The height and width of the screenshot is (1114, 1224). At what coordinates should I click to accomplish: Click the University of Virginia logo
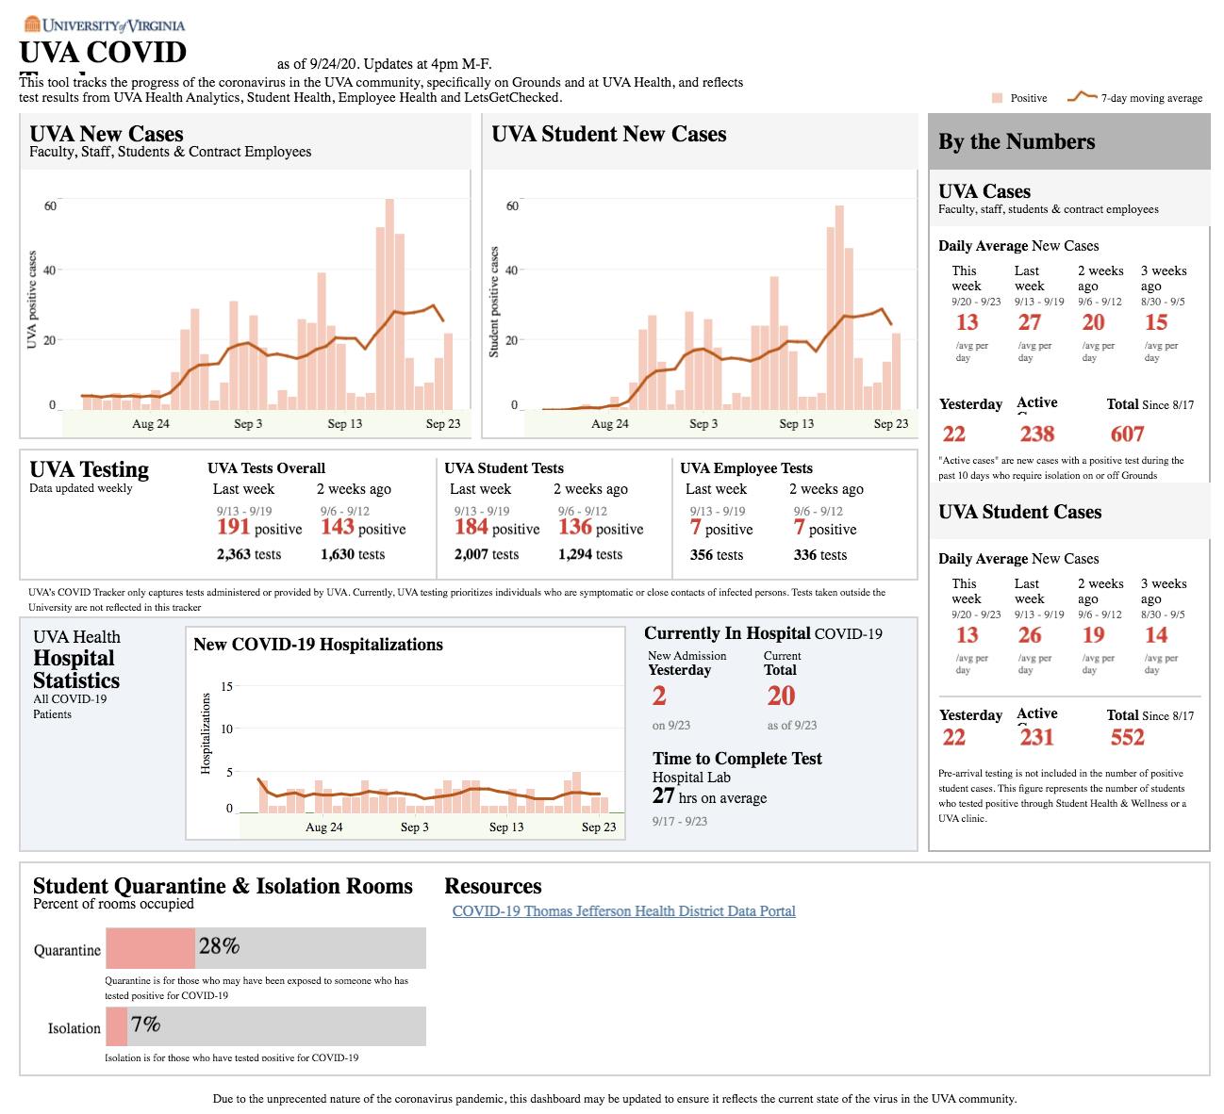(104, 25)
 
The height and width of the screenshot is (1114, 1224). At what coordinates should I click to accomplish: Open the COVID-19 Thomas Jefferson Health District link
(623, 911)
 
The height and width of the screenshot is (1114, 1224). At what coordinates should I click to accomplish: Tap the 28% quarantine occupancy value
(219, 946)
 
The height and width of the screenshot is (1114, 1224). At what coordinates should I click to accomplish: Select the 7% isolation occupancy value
(145, 1024)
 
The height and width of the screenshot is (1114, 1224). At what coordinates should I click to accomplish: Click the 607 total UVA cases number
(1127, 434)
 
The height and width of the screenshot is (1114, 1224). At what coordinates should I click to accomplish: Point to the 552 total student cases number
(1127, 738)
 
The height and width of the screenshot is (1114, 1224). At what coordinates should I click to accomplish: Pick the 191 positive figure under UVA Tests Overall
(234, 527)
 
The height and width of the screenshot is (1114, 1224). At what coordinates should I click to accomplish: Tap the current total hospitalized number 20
(781, 696)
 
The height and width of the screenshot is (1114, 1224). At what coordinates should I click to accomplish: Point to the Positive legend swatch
(997, 98)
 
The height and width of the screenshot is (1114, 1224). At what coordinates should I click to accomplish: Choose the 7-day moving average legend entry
(1135, 98)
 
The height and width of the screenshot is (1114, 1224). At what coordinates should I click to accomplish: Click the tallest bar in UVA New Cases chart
(389, 303)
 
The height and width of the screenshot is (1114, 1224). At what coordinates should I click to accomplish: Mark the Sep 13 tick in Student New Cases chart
(796, 424)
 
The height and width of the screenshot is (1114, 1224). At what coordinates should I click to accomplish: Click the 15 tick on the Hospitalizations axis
(226, 686)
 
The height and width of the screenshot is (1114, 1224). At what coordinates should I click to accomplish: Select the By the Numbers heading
(1017, 142)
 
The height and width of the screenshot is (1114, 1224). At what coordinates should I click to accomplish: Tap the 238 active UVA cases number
(1036, 434)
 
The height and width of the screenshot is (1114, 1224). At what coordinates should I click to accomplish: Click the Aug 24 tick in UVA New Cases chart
(151, 424)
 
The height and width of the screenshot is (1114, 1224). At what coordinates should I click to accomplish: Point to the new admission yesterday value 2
(659, 696)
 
